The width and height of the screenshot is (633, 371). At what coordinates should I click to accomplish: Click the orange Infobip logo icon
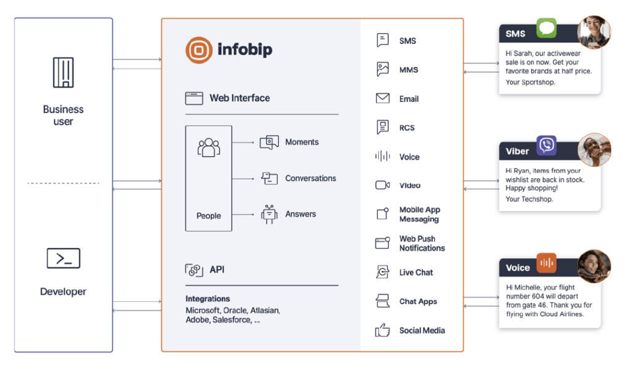199,50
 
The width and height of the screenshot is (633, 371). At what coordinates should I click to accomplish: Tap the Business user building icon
63,72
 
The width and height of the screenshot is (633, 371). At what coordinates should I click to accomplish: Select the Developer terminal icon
63,258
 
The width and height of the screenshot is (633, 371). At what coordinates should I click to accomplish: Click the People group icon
208,148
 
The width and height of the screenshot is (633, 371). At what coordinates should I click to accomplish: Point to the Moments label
302,142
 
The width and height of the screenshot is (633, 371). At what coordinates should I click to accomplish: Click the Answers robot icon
269,214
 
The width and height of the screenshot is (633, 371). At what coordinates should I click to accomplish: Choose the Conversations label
310,178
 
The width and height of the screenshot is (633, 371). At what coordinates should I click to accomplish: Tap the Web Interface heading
239,98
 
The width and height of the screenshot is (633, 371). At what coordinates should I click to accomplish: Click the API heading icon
194,270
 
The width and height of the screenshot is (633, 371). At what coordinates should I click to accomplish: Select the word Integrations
208,299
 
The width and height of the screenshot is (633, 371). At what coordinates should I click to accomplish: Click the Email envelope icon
383,98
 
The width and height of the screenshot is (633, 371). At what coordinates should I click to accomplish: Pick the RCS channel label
407,128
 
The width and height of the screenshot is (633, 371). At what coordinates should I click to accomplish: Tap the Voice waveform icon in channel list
383,156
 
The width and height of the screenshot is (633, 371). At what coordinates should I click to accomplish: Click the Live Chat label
416,273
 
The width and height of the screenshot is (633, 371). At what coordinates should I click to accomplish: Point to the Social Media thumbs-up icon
383,331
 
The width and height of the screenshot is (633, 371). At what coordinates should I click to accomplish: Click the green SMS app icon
546,28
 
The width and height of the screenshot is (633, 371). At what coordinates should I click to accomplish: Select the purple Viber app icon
546,145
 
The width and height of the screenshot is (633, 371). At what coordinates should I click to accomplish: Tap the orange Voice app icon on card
546,262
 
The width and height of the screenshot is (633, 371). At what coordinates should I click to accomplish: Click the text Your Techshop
529,199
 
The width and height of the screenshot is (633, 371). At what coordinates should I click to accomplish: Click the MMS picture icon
383,69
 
